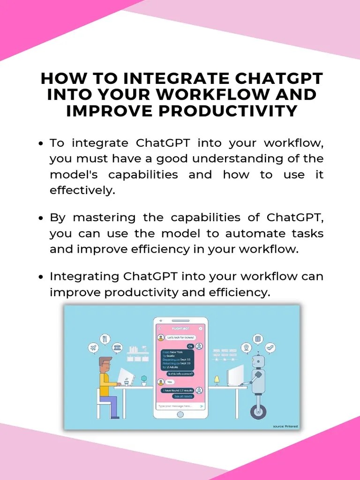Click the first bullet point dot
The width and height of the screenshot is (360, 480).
41,143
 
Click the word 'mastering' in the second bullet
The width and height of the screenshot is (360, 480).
104,217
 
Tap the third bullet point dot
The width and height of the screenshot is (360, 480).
41,277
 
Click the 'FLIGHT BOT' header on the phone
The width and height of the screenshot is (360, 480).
180,329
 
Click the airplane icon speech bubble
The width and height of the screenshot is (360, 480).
93,348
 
